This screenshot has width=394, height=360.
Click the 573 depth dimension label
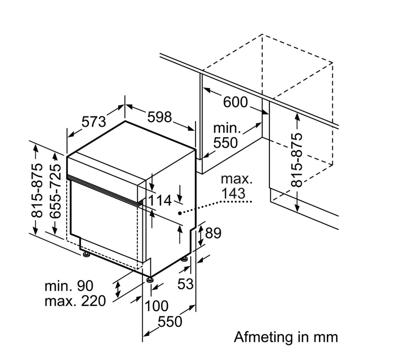tap(94, 121)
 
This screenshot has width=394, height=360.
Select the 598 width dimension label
tap(160, 117)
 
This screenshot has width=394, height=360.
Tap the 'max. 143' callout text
tap(236, 186)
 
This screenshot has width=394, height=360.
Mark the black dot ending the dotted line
tap(180, 213)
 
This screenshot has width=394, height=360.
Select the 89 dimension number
tap(213, 233)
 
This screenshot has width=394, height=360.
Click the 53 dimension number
tap(185, 284)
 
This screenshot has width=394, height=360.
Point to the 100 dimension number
tap(157, 306)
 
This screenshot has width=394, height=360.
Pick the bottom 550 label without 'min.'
tap(170, 322)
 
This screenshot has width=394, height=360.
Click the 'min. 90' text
tap(69, 286)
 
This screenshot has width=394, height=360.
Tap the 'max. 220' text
tap(75, 301)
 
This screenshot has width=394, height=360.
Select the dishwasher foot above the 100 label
tap(150, 279)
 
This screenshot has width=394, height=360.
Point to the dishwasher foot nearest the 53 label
tap(184, 259)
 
